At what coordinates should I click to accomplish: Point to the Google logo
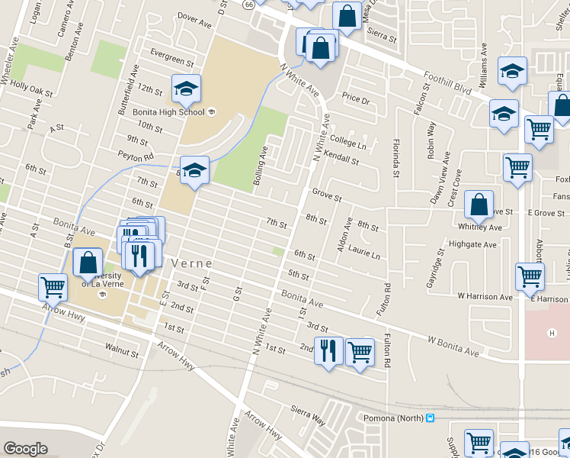point(25,449)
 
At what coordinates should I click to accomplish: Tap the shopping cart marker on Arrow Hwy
point(53,287)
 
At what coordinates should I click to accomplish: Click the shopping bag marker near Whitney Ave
point(478,205)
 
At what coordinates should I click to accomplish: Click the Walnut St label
point(122,353)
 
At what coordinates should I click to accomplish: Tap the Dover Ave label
point(194,20)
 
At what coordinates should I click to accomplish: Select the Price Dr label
point(355,98)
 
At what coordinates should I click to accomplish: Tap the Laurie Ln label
point(363,252)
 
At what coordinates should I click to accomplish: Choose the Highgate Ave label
point(472,244)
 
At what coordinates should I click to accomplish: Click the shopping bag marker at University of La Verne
point(88,262)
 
